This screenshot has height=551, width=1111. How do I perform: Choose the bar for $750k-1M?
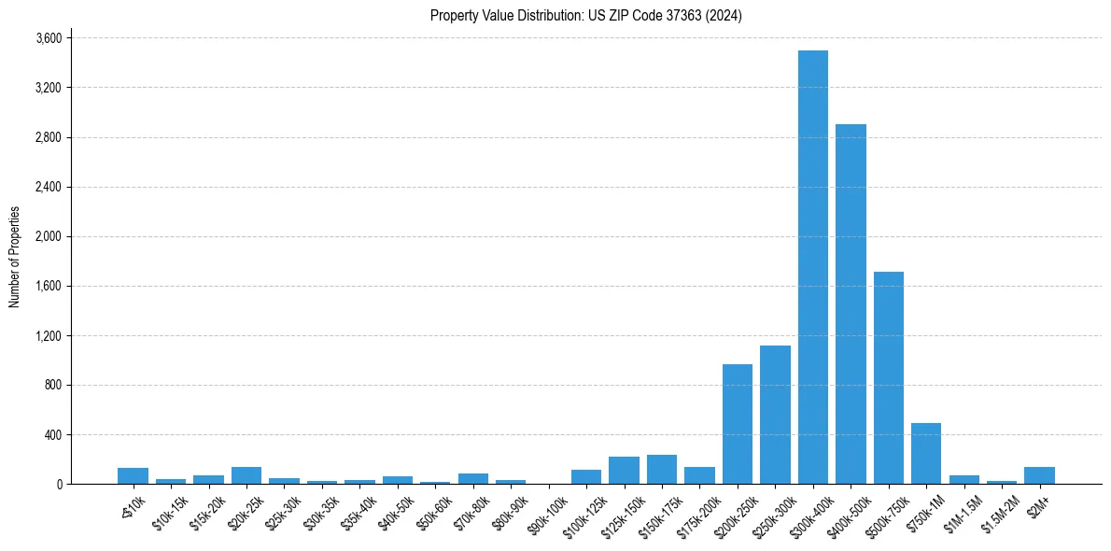[x=926, y=454]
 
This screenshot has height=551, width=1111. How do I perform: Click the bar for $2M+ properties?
[x=1039, y=475]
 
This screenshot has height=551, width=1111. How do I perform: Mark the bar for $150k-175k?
[x=662, y=470]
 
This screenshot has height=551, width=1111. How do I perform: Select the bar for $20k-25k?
[x=246, y=475]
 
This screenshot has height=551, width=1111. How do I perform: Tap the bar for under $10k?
[x=134, y=476]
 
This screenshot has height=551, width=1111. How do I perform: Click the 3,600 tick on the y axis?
[x=49, y=38]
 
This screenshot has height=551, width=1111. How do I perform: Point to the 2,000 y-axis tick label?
[x=49, y=236]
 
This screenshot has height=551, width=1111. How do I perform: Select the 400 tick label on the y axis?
[x=53, y=434]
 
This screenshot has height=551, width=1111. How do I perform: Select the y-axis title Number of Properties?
[x=14, y=257]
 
